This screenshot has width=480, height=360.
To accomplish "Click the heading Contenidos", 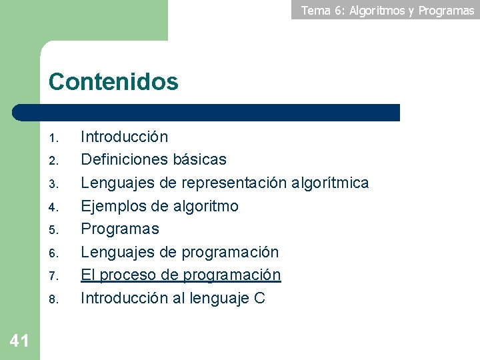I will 113,82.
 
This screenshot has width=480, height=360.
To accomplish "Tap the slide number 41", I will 19,341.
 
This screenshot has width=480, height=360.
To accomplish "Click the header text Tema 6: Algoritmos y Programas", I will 387,10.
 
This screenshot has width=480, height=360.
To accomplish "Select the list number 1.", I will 55,139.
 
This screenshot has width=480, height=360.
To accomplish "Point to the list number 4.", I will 55,207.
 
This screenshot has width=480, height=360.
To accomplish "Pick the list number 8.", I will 55,299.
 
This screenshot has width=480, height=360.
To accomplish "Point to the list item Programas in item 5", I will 120,229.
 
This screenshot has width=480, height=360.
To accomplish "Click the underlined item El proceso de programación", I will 181,275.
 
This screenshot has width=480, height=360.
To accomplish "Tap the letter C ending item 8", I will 260,298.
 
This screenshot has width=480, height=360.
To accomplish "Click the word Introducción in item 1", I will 124,137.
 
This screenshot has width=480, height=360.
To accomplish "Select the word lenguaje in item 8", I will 219,299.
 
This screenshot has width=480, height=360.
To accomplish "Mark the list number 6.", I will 55,253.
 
